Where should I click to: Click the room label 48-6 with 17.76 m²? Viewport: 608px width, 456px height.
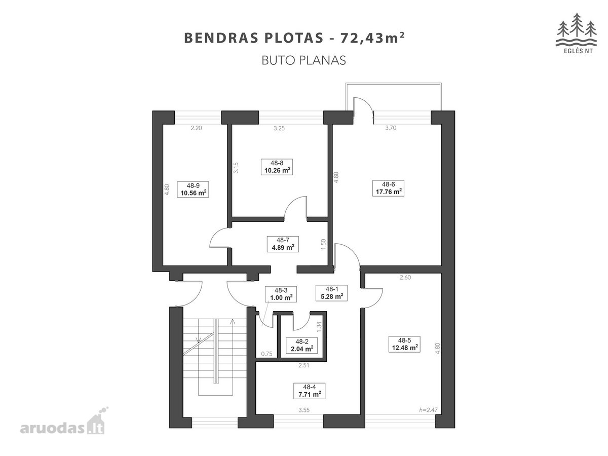(x=388, y=188)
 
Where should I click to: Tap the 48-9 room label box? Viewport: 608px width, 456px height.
(x=193, y=189)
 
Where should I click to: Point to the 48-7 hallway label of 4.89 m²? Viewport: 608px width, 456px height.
(x=283, y=244)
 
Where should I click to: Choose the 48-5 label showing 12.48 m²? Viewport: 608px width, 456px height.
(x=404, y=344)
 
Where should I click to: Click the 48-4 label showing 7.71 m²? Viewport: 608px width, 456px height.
(x=310, y=391)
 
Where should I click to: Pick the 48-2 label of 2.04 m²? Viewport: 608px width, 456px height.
(x=301, y=346)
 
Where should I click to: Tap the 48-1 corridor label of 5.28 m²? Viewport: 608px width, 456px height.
(x=331, y=293)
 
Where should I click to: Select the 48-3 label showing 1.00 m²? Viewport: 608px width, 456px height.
(x=281, y=294)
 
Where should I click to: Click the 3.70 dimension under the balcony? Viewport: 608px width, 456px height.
(x=391, y=128)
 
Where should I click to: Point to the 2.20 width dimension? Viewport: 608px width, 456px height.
(x=196, y=128)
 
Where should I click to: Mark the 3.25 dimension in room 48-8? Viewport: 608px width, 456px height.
(x=279, y=128)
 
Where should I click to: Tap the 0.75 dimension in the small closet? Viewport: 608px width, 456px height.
(x=267, y=354)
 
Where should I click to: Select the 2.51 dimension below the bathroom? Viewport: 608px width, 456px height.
(x=303, y=365)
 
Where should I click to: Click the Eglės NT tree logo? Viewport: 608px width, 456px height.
(x=576, y=33)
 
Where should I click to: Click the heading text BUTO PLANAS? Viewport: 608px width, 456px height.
(x=303, y=60)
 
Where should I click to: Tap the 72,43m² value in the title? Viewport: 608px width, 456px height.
(x=372, y=37)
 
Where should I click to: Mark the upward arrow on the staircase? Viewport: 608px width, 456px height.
(x=233, y=322)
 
